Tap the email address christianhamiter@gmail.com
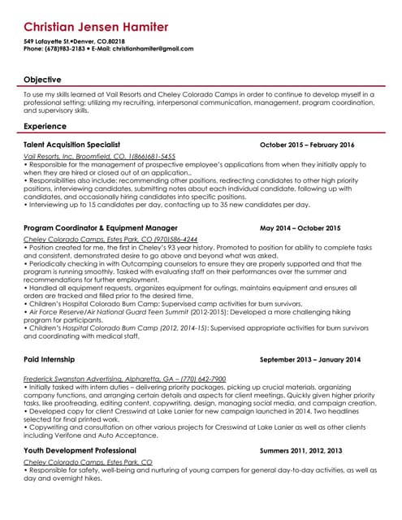(x=151, y=49)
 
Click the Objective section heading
(x=42, y=80)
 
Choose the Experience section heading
(x=45, y=127)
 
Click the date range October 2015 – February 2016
(x=307, y=145)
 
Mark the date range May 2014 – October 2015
(x=300, y=228)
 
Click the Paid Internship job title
(x=50, y=359)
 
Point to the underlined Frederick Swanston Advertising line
(x=125, y=379)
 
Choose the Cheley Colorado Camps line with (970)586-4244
(x=110, y=240)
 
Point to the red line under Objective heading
(x=201, y=87)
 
